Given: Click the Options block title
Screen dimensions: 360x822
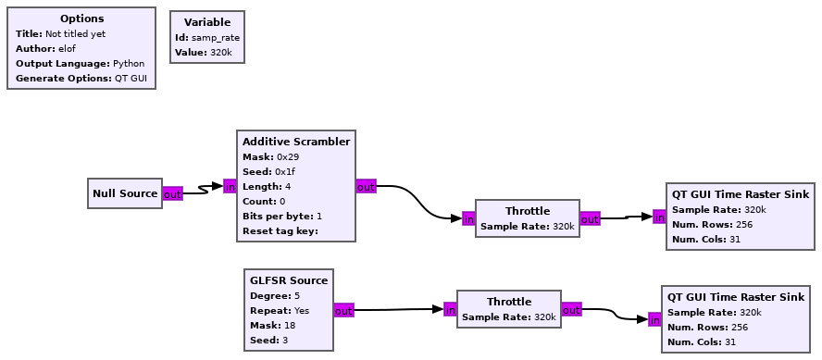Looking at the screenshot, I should pyautogui.click(x=81, y=19).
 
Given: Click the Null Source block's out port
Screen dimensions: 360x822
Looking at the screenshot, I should pyautogui.click(x=172, y=194).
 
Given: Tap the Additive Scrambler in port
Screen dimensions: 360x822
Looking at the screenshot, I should pyautogui.click(x=230, y=187).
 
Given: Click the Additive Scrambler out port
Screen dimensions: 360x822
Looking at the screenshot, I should pyautogui.click(x=366, y=187).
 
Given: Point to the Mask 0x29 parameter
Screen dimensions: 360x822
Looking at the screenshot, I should pyautogui.click(x=268, y=157).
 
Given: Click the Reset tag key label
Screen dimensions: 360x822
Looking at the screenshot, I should pyautogui.click(x=280, y=230).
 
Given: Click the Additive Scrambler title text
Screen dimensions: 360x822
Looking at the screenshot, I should pyautogui.click(x=296, y=142).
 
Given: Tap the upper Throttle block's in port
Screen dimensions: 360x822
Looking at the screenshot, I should pyautogui.click(x=468, y=219).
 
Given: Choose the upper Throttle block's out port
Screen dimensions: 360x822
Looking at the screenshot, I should pyautogui.click(x=590, y=219).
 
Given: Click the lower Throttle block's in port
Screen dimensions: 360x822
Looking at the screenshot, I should pyautogui.click(x=450, y=310).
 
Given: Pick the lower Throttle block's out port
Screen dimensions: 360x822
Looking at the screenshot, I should pyautogui.click(x=572, y=310).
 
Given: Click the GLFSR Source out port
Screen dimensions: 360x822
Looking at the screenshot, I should pyautogui.click(x=343, y=311).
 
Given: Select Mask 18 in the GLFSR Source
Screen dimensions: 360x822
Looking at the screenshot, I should pyautogui.click(x=272, y=326).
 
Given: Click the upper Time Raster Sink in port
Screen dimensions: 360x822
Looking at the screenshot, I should pyautogui.click(x=659, y=217).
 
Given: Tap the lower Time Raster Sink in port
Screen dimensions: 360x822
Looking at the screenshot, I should pyautogui.click(x=654, y=320).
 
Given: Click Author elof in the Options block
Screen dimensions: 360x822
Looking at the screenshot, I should pyautogui.click(x=46, y=49).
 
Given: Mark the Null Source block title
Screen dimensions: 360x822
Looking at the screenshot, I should pyautogui.click(x=125, y=194).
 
